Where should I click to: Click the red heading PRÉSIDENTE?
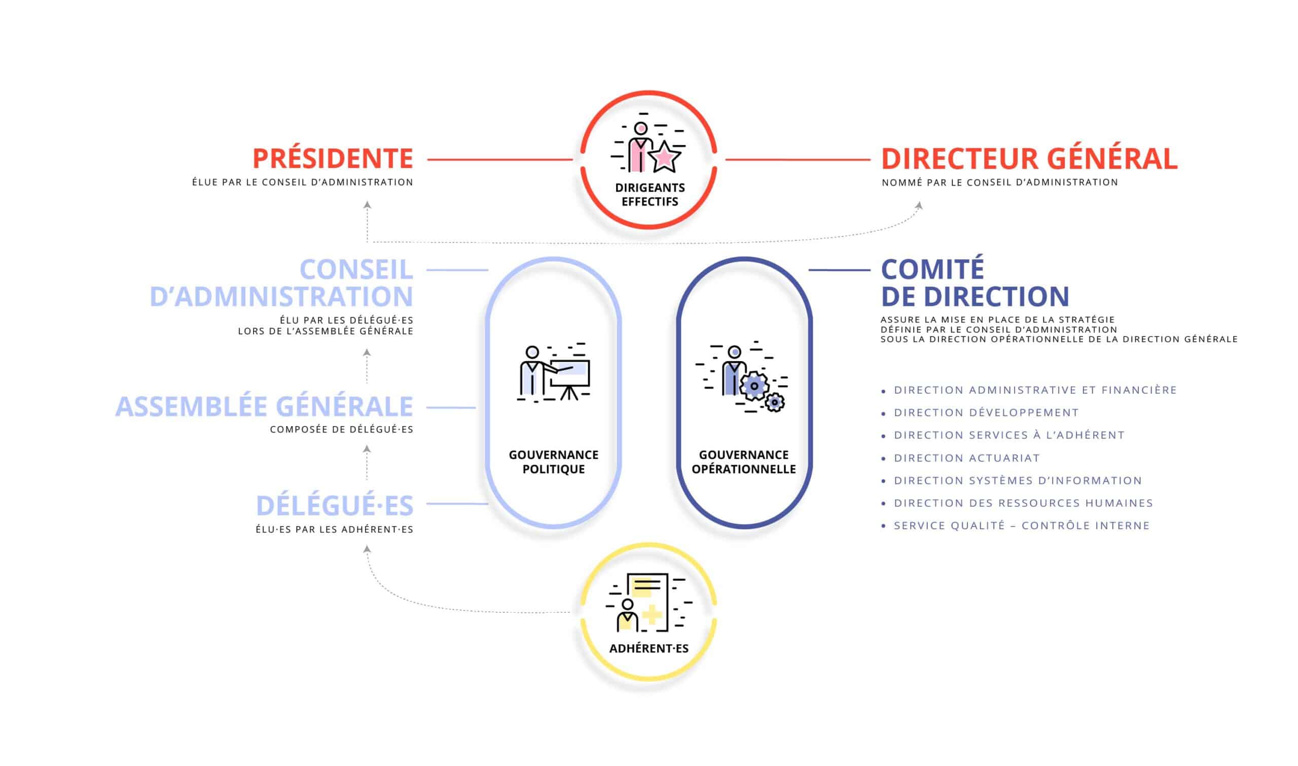(x=333, y=158)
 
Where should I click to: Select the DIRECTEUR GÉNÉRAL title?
(x=1029, y=158)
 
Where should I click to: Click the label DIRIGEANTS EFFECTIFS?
(x=650, y=195)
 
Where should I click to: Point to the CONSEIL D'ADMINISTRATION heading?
(x=282, y=283)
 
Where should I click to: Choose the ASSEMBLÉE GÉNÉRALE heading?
(x=264, y=407)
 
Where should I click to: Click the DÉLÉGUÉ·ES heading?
(x=335, y=505)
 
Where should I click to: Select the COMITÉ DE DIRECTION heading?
(x=975, y=283)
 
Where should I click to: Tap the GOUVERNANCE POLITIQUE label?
(x=554, y=462)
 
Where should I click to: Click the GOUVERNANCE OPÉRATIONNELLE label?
(x=743, y=462)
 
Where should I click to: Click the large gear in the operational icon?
(x=754, y=386)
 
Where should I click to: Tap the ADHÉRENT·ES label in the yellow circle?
(x=649, y=649)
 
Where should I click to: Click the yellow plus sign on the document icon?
(x=652, y=615)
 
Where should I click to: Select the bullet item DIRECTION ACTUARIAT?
(x=966, y=458)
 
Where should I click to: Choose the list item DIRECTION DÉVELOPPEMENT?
(x=986, y=412)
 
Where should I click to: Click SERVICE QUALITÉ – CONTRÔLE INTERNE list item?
(x=1022, y=526)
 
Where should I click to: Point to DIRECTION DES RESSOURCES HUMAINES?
(x=1023, y=503)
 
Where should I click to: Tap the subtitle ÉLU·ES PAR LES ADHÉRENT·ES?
(x=334, y=530)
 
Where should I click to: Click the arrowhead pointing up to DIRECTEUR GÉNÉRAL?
(x=919, y=205)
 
